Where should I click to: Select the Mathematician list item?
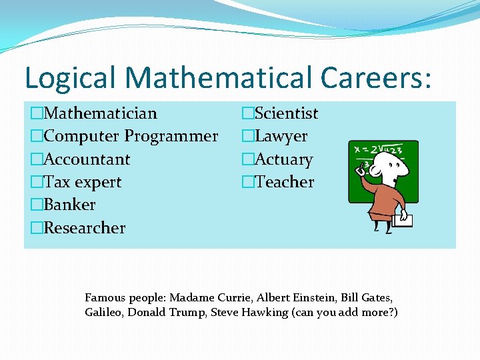pyautogui.click(x=100, y=114)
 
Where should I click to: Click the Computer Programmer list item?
pyautogui.click(x=130, y=137)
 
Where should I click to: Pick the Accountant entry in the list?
pyautogui.click(x=87, y=159)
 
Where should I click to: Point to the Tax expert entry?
pyautogui.click(x=82, y=182)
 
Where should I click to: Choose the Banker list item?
pyautogui.click(x=69, y=205)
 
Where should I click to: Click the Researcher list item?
pyautogui.click(x=84, y=227)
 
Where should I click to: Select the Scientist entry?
pyautogui.click(x=287, y=114)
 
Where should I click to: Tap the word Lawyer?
pyautogui.click(x=281, y=137)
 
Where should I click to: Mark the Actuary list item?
pyautogui.click(x=284, y=160)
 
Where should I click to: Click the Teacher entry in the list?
pyautogui.click(x=284, y=182)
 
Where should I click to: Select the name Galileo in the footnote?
pyautogui.click(x=103, y=312)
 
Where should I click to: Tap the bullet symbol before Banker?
pyautogui.click(x=36, y=205)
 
